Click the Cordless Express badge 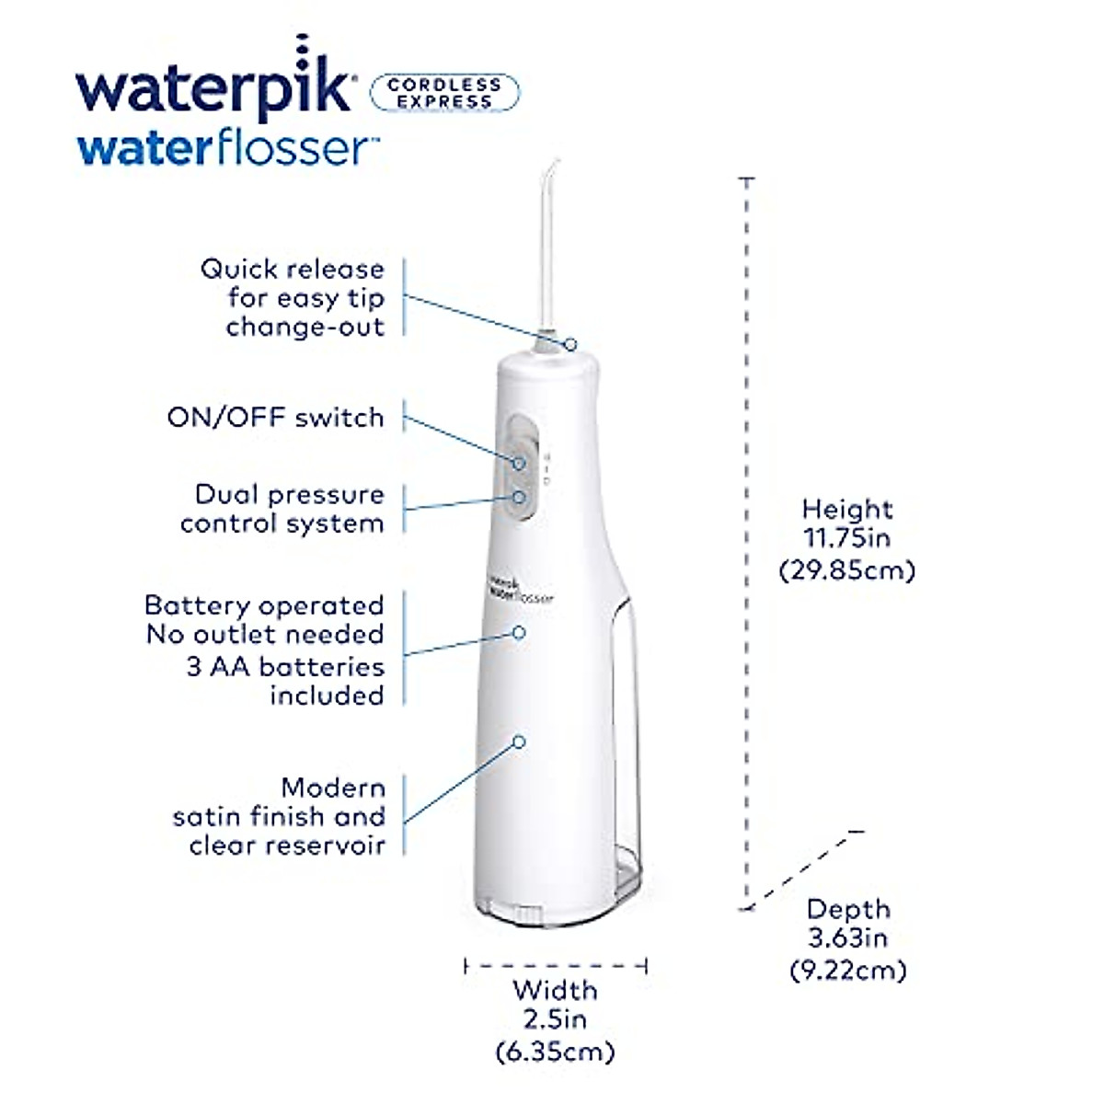tap(444, 93)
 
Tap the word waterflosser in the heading tap(227, 149)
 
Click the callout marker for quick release tap(571, 344)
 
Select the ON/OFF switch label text tap(275, 417)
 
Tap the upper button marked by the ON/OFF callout tap(520, 463)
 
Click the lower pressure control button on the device tap(520, 497)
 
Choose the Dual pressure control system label tap(282, 509)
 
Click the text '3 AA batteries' tap(285, 666)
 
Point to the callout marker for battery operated tap(519, 633)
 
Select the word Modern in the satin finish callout tap(333, 788)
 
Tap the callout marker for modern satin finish tap(519, 741)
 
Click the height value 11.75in tap(846, 538)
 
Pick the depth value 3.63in tap(847, 938)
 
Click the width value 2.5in tap(555, 1019)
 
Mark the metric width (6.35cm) tap(555, 1051)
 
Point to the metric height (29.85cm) tap(846, 570)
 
